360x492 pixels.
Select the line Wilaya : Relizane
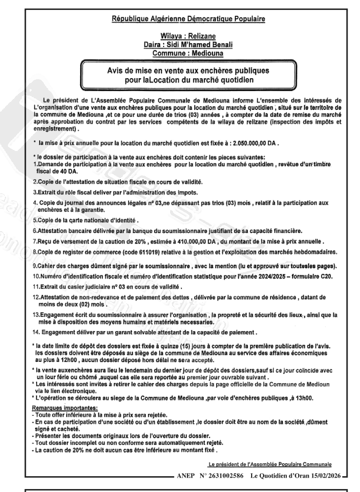(x=180, y=36)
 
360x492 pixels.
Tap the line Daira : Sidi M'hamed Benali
(x=180, y=45)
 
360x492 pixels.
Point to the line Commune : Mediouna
(x=180, y=53)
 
